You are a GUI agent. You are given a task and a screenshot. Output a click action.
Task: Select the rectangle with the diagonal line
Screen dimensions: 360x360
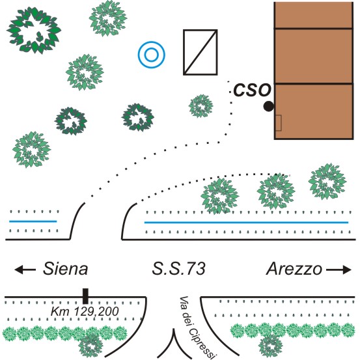[x=201, y=52]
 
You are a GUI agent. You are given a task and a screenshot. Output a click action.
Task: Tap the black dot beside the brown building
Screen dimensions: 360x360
[x=268, y=106]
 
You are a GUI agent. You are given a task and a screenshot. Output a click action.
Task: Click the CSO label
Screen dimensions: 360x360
[x=253, y=90]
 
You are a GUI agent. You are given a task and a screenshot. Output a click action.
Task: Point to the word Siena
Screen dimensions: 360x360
[x=66, y=268]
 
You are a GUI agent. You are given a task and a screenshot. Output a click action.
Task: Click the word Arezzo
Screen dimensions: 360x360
[x=294, y=269]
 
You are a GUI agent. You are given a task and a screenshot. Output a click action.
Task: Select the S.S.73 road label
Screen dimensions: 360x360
[x=178, y=268]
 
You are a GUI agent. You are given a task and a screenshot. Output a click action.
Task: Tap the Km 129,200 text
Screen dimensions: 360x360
[x=85, y=312]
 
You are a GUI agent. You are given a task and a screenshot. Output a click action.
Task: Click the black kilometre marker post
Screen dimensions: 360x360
[x=85, y=296]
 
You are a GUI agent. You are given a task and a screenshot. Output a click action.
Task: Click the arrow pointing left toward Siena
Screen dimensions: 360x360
[x=25, y=270]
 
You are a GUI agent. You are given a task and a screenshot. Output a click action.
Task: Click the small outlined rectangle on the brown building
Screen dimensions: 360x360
[x=278, y=123]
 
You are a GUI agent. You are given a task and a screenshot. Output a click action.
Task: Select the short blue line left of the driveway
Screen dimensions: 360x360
[x=33, y=221]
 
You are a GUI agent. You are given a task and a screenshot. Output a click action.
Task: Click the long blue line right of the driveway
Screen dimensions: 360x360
[x=246, y=222]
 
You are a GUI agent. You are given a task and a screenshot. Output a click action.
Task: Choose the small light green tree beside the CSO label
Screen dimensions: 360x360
[x=201, y=106]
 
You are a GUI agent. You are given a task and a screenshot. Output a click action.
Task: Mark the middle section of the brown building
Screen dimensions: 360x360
[x=314, y=56]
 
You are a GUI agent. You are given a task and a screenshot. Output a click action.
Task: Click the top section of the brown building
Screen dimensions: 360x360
[x=314, y=15]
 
